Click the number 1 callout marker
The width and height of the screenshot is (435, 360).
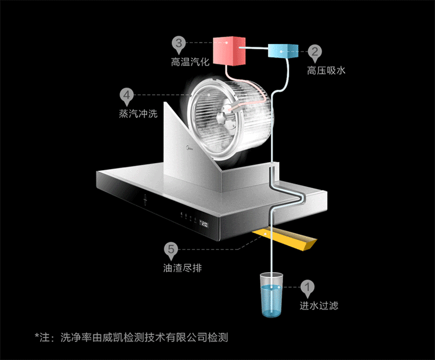[x=308, y=286]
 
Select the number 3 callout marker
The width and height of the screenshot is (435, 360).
[x=179, y=43]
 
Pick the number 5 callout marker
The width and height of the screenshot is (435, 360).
[x=171, y=250]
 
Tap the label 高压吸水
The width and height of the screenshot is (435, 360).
[x=326, y=70]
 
